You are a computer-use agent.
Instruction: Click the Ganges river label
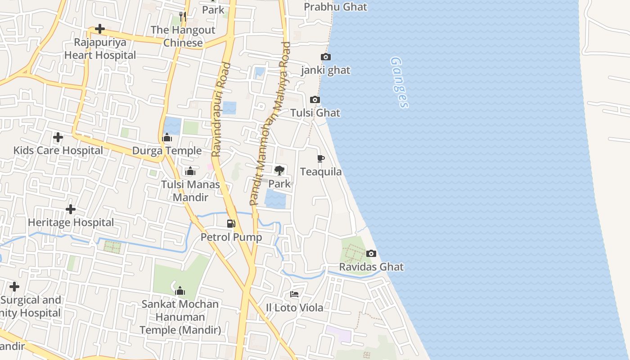tap(399, 82)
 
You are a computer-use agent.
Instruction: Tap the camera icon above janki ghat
tap(326, 57)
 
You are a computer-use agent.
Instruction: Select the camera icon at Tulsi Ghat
tap(315, 100)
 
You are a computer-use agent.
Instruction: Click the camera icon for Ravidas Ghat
tap(371, 254)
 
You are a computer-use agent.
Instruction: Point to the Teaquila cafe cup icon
tap(321, 158)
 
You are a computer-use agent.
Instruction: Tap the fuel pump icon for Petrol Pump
tap(231, 223)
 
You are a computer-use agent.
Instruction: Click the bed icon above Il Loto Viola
tap(294, 294)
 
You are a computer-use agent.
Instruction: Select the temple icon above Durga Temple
tap(167, 137)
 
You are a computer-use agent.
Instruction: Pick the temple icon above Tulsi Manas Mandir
tap(190, 171)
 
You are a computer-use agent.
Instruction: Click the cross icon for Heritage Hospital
tap(71, 209)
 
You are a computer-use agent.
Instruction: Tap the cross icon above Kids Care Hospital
tap(58, 137)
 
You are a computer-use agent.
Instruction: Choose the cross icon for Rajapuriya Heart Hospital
tap(100, 29)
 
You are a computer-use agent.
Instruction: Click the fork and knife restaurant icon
tap(183, 16)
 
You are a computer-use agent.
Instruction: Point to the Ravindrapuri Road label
tap(221, 109)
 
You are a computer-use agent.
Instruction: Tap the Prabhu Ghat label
tap(335, 7)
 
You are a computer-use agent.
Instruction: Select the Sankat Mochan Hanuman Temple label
tap(180, 317)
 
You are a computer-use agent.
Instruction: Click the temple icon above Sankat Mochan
tap(180, 291)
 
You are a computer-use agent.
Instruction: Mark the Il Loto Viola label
tap(294, 308)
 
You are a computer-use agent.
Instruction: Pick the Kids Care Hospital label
tap(58, 150)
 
